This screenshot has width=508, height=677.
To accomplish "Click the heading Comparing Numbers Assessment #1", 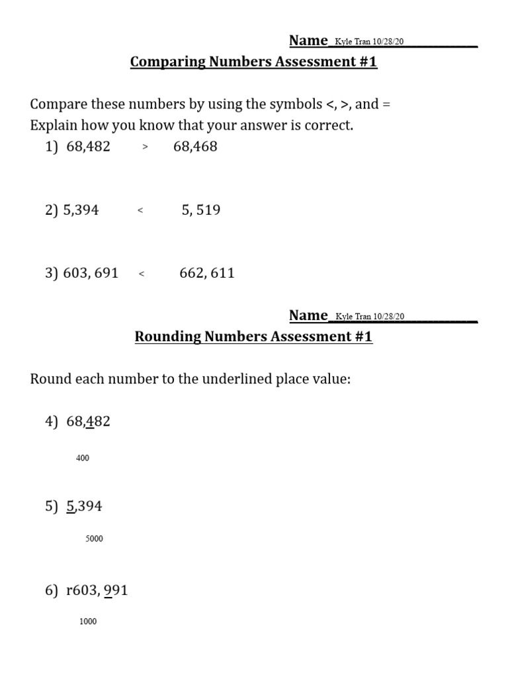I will pos(253,62).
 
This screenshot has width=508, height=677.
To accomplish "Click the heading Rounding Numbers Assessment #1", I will pos(253,337).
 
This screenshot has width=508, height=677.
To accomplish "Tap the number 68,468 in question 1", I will pos(195,147).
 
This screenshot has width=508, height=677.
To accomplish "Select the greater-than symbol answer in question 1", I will pos(145,148).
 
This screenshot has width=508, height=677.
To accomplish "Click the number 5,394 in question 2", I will pos(81,210).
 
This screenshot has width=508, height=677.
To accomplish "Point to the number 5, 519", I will pos(201,210).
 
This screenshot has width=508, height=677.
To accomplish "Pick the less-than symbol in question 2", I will pos(140,212).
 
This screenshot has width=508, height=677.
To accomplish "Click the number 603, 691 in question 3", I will pos(91,273).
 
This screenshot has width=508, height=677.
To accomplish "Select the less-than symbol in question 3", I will pos(142,274).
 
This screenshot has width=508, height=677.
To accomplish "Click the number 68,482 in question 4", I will pos(88,421).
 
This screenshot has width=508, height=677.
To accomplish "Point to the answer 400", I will pos(83,458).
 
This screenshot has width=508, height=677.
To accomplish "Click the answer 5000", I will pos(94,539).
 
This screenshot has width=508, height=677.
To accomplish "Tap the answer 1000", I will pos(87,621).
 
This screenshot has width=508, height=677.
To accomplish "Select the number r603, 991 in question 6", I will pos(97,590).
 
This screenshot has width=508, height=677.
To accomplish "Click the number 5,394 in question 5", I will pos(84,506).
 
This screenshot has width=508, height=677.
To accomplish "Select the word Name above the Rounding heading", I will pos(308,315).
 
